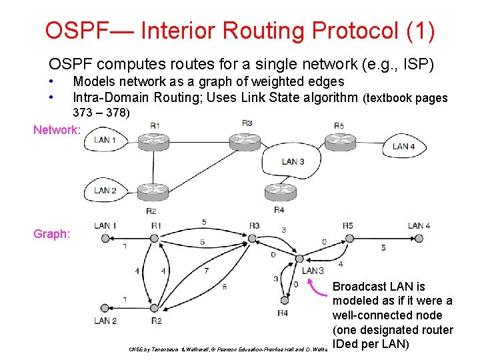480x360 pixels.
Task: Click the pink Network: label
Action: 57,130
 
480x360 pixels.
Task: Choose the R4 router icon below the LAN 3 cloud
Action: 280,192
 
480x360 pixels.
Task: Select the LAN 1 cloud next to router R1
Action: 105,140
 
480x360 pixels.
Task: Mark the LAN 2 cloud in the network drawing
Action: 105,191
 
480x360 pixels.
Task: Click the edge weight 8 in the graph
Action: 223,287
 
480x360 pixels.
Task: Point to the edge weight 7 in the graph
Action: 206,271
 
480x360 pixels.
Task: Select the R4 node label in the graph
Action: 283,313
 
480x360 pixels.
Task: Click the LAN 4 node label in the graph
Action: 419,225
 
